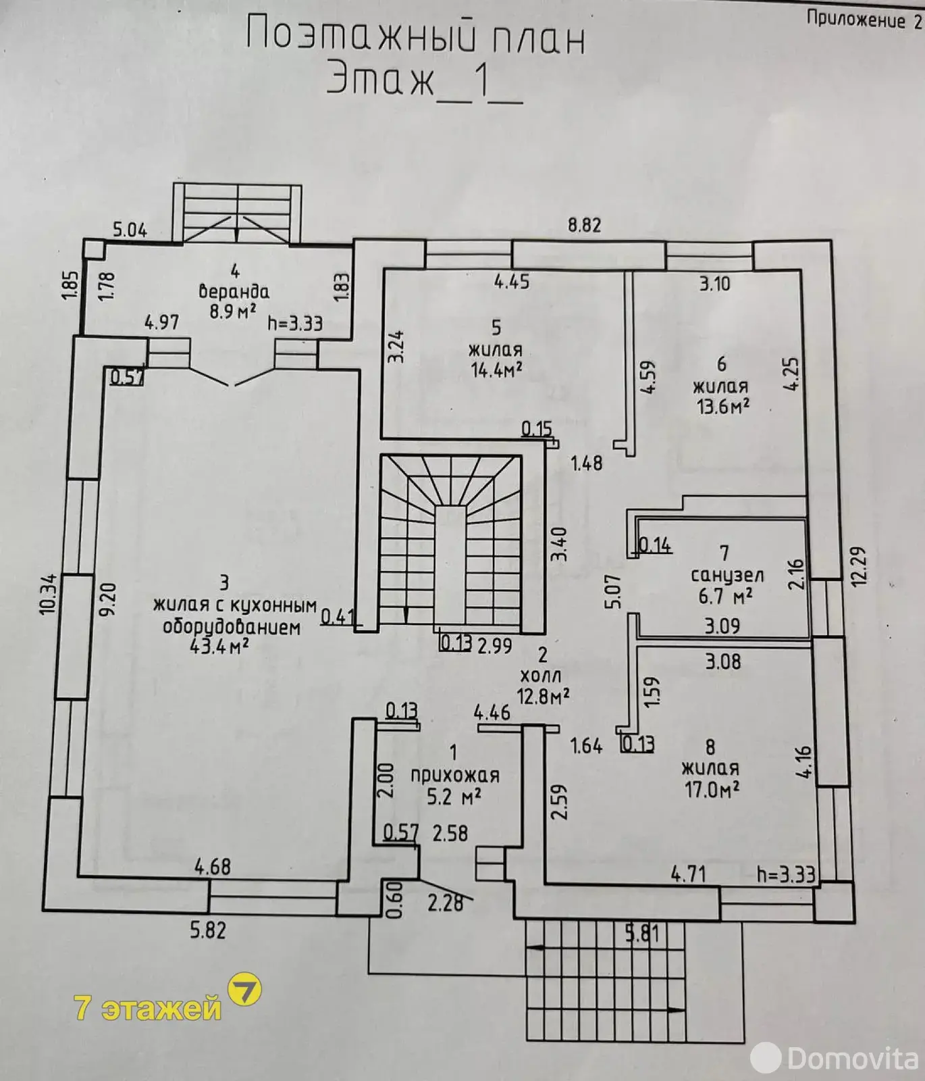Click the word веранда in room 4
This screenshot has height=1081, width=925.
click(x=234, y=292)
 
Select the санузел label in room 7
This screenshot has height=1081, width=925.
click(x=727, y=576)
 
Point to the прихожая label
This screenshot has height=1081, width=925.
click(x=455, y=776)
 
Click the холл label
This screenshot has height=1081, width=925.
click(x=541, y=675)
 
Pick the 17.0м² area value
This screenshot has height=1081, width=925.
click(x=712, y=789)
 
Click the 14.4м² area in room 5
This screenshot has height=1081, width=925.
click(x=496, y=370)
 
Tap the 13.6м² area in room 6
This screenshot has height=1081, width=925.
click(x=722, y=407)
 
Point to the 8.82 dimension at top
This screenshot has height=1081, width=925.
click(x=584, y=225)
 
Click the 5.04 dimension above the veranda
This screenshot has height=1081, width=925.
click(x=130, y=230)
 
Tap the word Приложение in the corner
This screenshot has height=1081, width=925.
click(x=855, y=20)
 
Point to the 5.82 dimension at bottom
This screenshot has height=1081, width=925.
click(x=207, y=930)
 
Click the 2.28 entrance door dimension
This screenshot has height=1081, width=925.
click(x=446, y=903)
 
